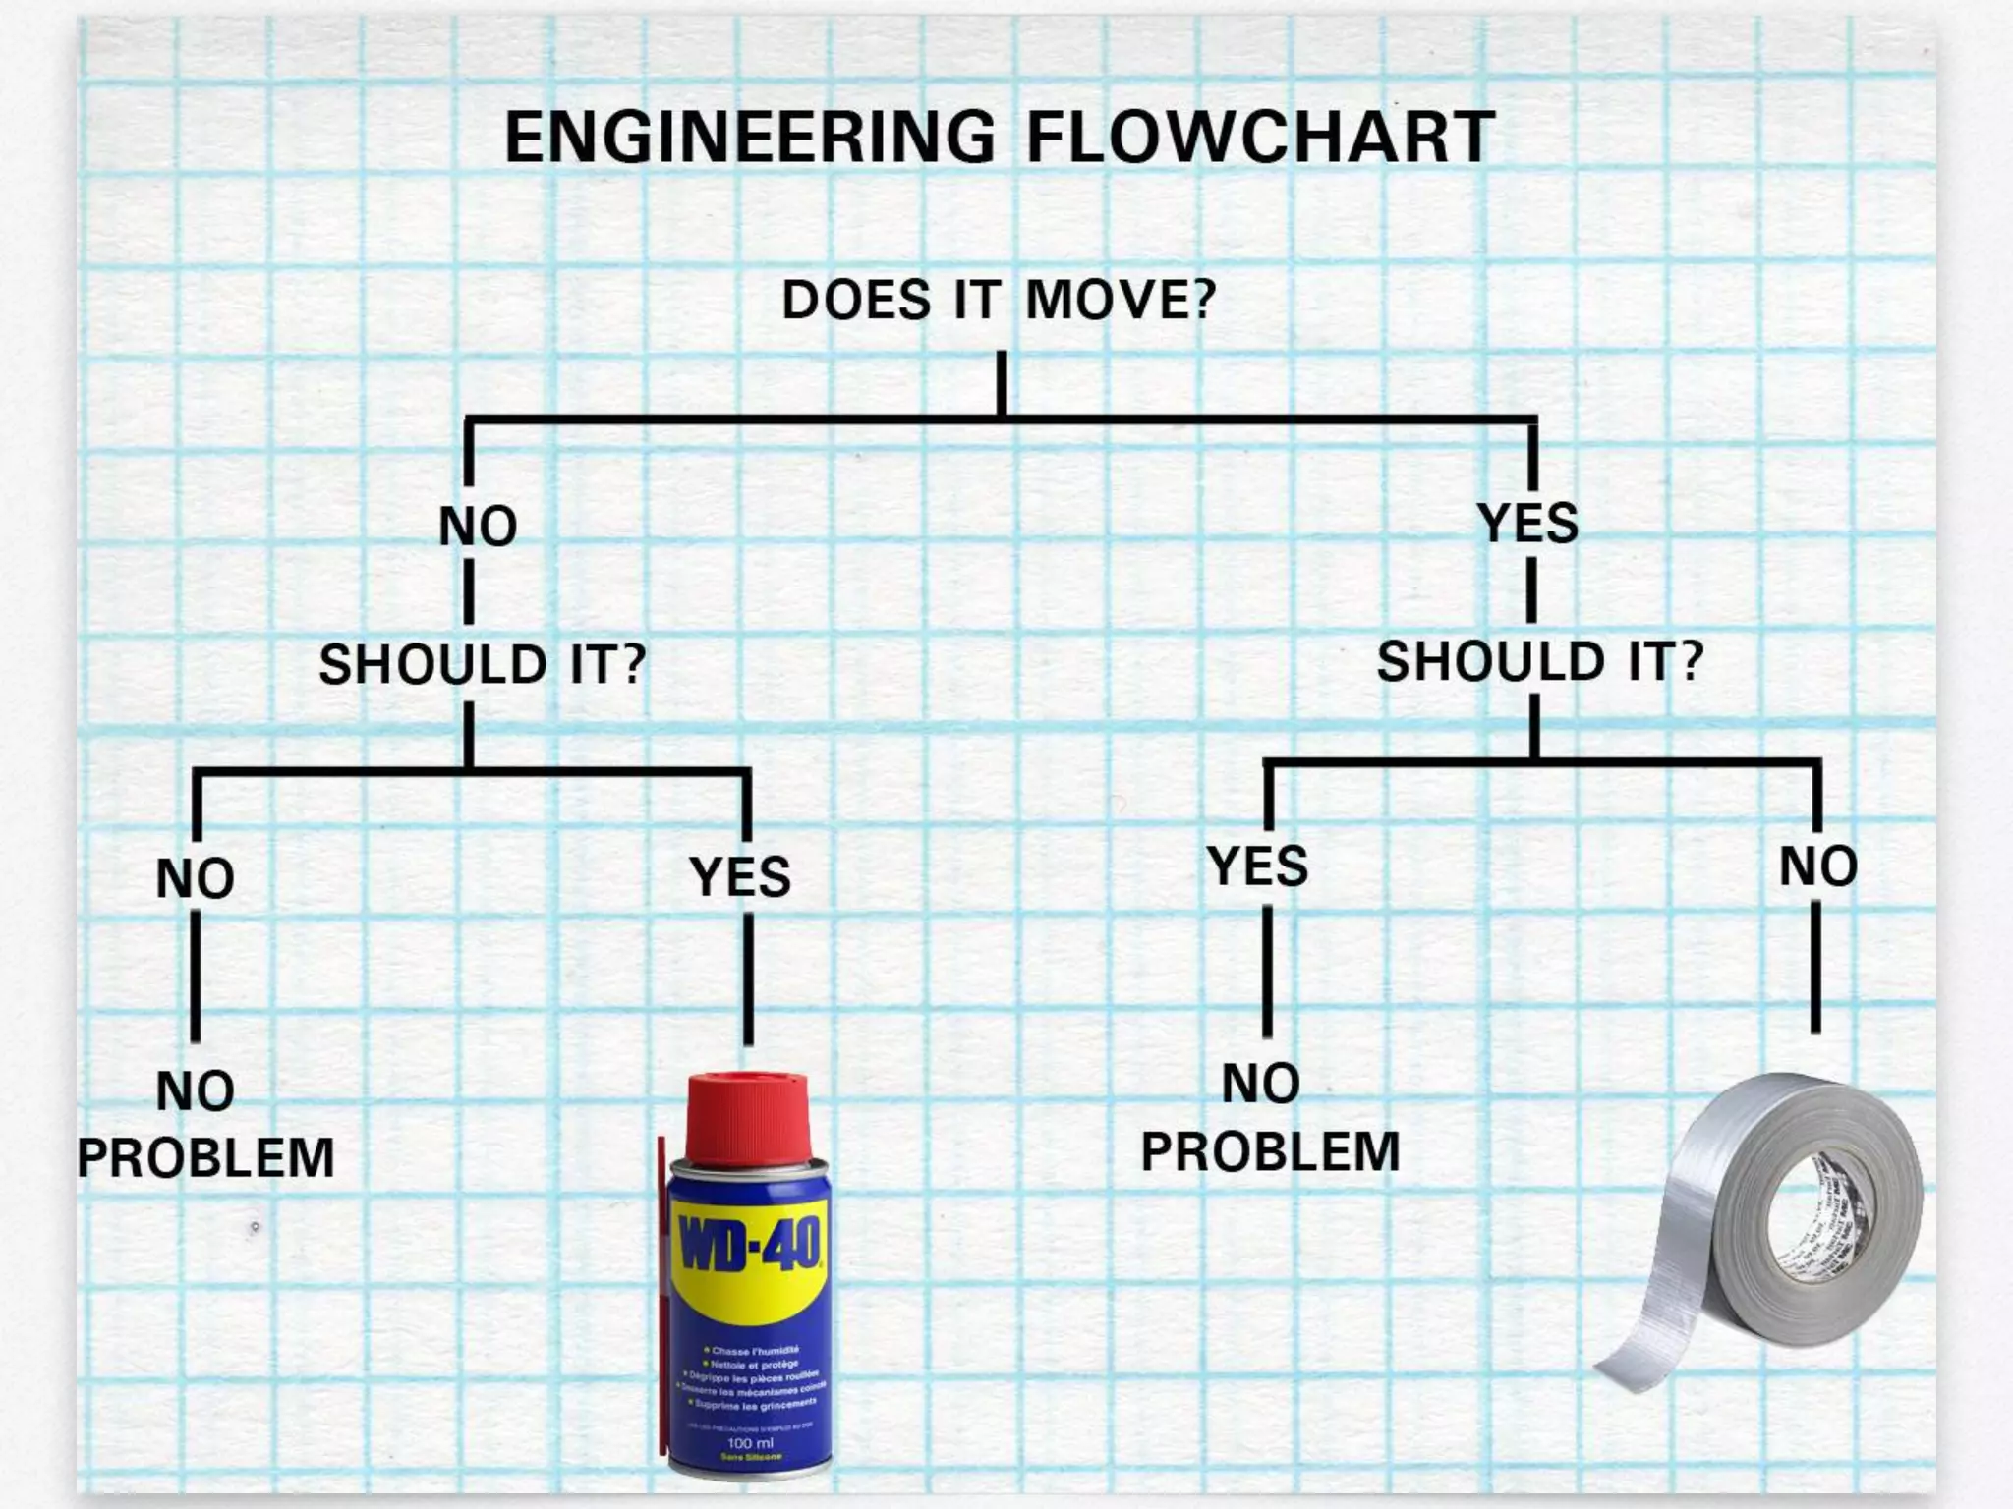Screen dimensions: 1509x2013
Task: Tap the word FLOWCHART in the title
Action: click(1261, 138)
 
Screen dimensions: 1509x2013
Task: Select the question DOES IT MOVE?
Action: click(999, 300)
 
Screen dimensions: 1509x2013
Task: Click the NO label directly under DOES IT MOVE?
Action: click(478, 527)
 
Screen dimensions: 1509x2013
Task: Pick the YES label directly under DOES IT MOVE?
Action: click(1528, 523)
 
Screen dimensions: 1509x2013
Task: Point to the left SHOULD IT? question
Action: click(483, 664)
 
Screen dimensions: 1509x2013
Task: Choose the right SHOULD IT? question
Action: click(1539, 661)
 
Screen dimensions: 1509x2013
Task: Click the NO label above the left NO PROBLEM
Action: click(196, 878)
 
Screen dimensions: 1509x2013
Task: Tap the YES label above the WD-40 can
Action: click(740, 876)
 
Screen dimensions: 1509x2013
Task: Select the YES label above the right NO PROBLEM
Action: click(1258, 866)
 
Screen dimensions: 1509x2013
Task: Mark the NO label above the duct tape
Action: click(1818, 866)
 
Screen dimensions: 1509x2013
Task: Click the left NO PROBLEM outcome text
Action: click(205, 1125)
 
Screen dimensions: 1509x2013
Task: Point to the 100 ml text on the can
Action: click(750, 1443)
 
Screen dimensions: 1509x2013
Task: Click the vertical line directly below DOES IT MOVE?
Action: click(1002, 383)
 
